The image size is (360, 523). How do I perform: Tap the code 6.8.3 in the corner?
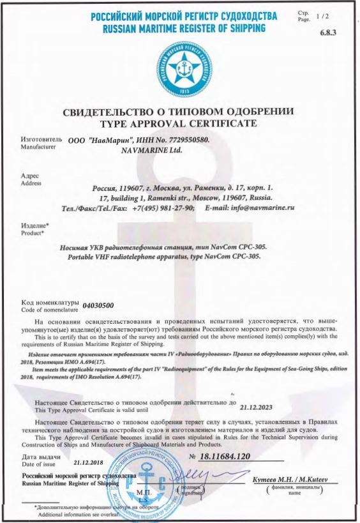coord(336,34)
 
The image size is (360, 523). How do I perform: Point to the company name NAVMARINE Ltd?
coord(151,151)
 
